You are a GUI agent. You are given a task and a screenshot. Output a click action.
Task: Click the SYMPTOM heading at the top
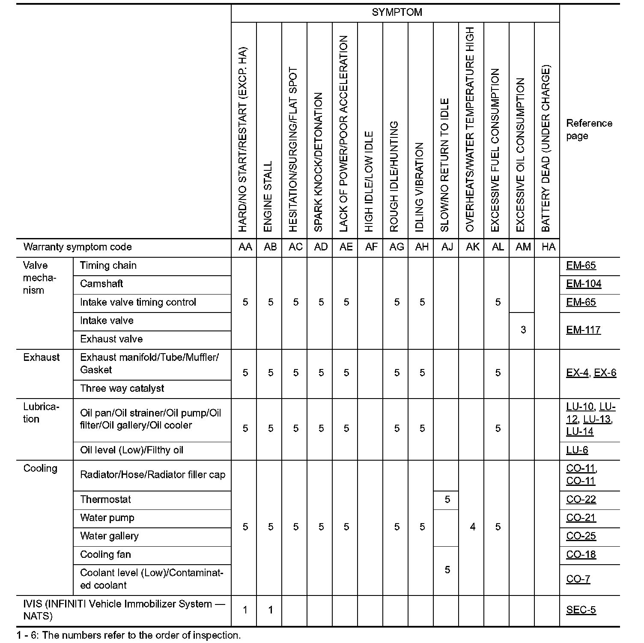coord(397,12)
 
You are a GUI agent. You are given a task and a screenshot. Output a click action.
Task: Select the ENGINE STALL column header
coord(268,196)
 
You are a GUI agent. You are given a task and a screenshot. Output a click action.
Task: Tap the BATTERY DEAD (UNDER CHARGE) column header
coord(546,149)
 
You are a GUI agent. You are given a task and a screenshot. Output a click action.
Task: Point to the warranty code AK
coord(472,247)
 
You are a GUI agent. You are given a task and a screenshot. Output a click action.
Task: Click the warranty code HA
coord(548,247)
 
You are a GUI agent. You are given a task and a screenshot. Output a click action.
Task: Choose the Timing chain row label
coord(108,265)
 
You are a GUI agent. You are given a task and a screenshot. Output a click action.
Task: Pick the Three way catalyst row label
coord(122,389)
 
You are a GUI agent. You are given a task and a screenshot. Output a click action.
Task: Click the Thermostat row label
coord(105,500)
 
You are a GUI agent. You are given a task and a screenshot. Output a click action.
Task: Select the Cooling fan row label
coord(105,555)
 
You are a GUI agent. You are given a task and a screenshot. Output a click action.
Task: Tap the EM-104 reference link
coord(584,284)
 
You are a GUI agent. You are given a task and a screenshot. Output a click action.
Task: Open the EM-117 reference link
coord(583,330)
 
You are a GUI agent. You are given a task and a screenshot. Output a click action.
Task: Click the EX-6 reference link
coord(605,373)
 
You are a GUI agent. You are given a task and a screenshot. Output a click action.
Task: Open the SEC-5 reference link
coord(581,610)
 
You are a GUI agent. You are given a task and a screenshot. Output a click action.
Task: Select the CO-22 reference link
coord(581,500)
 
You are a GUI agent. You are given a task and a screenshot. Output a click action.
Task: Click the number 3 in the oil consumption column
coord(523,330)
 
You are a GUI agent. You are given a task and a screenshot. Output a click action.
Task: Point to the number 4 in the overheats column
coord(472,527)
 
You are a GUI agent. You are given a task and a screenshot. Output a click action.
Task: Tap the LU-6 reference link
coord(577,450)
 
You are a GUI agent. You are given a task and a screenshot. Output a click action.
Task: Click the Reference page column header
coord(589,130)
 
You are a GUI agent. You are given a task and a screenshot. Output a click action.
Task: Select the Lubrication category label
coord(41,413)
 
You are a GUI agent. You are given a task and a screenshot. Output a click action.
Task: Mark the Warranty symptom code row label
coord(78,247)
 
